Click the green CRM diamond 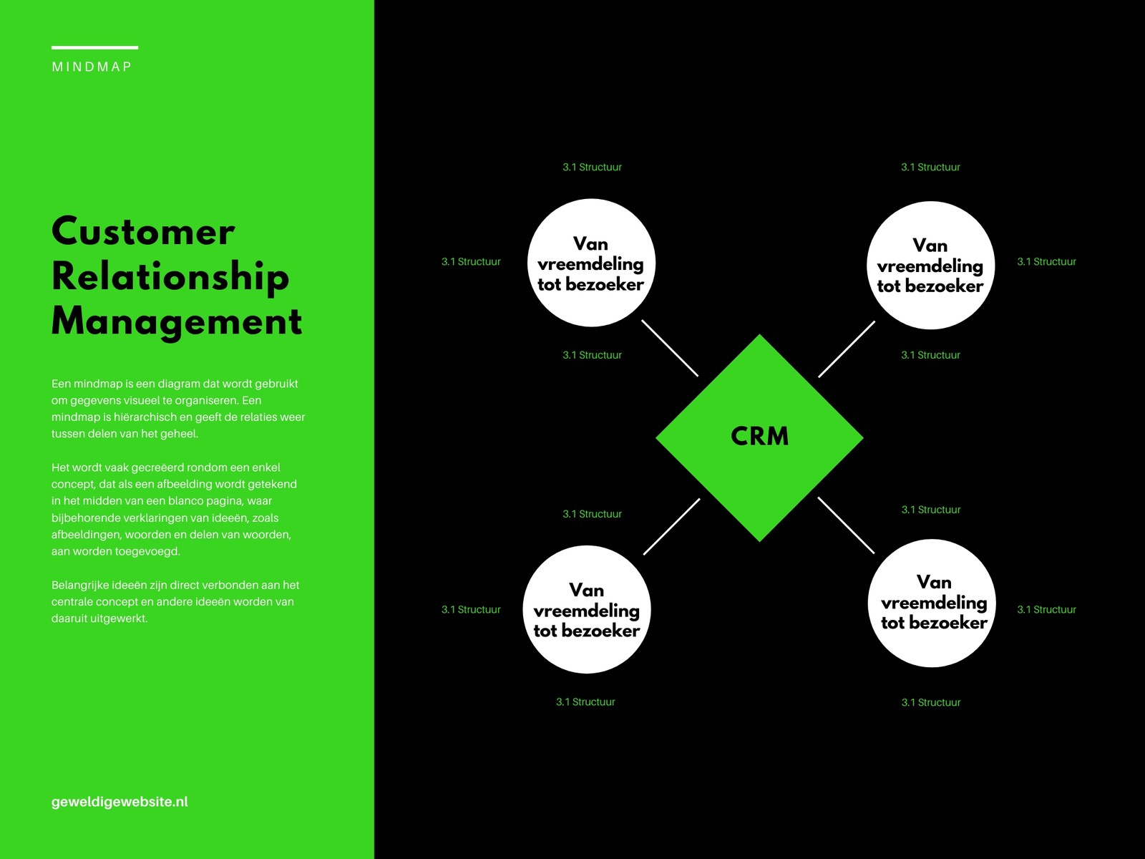click(x=759, y=438)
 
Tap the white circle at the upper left click(x=592, y=263)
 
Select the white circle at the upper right click(x=930, y=265)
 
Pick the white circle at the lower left click(x=587, y=609)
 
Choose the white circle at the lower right click(x=932, y=603)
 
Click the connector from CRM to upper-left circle click(x=670, y=348)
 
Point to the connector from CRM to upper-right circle click(x=847, y=349)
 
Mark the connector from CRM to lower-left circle click(x=672, y=526)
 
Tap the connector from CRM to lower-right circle click(x=846, y=525)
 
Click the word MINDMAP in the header click(x=92, y=67)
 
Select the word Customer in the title click(x=143, y=231)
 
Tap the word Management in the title click(x=177, y=322)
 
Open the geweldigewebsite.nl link click(x=120, y=802)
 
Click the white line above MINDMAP click(x=95, y=47)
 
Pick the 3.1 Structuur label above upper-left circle click(x=592, y=168)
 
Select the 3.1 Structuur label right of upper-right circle click(x=1046, y=262)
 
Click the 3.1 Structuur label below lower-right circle click(x=931, y=702)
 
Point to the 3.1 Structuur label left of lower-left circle click(x=471, y=610)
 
